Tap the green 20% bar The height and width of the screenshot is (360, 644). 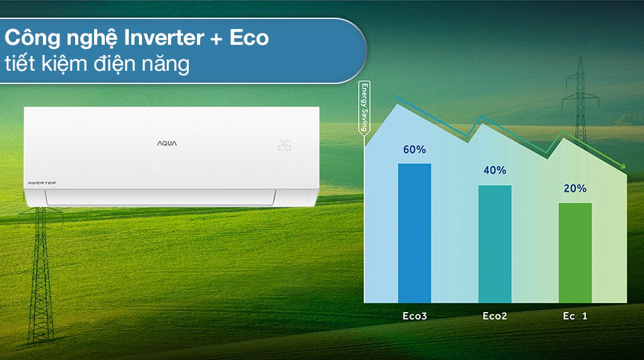point(575,252)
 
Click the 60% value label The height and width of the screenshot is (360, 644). point(414,150)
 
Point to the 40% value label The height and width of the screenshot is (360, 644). point(494,171)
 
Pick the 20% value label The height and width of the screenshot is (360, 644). point(575,188)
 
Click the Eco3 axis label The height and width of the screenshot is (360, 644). point(414,316)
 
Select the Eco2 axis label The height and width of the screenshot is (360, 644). point(494,316)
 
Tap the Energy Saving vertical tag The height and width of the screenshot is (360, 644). point(364,109)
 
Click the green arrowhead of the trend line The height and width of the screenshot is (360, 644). point(623,166)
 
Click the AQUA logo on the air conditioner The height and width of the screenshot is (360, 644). point(167,143)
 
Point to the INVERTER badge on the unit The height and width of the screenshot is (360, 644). point(42,183)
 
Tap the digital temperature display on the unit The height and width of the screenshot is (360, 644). point(284,145)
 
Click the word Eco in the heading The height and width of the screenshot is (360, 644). point(249,38)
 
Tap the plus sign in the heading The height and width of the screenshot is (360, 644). point(217,39)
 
